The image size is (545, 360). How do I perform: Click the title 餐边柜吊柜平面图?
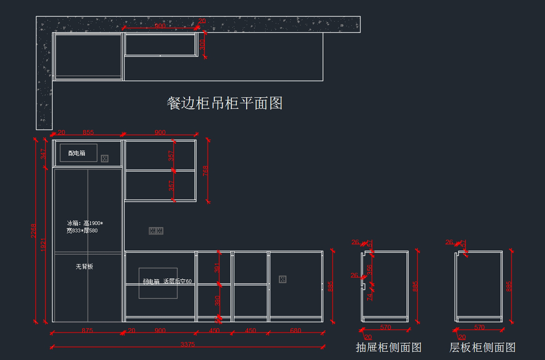point(225,103)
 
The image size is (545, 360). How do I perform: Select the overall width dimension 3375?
point(187,345)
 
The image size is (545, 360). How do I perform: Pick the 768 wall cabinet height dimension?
point(206,171)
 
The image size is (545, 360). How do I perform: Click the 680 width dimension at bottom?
point(295,330)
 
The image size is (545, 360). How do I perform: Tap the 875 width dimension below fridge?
point(87,330)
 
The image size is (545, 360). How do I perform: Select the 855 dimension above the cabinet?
point(88,133)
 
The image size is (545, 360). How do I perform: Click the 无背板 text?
point(84,266)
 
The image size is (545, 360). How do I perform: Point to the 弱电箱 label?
point(151,281)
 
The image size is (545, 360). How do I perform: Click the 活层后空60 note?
point(178,281)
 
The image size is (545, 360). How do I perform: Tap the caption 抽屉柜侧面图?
point(388,348)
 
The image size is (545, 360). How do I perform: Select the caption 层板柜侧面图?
point(482,348)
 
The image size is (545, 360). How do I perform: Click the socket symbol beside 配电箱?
point(104,158)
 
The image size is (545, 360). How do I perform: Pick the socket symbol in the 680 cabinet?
point(282,279)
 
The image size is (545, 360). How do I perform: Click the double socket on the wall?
point(156,231)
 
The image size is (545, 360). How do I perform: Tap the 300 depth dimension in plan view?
point(203,44)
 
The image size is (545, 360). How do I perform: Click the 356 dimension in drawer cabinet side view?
point(369,270)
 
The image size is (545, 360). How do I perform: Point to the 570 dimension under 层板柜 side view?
point(479,327)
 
